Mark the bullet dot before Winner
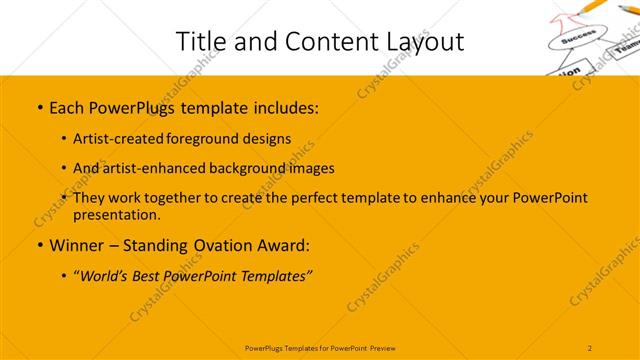(39, 245)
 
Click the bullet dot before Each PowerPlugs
(39, 105)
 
